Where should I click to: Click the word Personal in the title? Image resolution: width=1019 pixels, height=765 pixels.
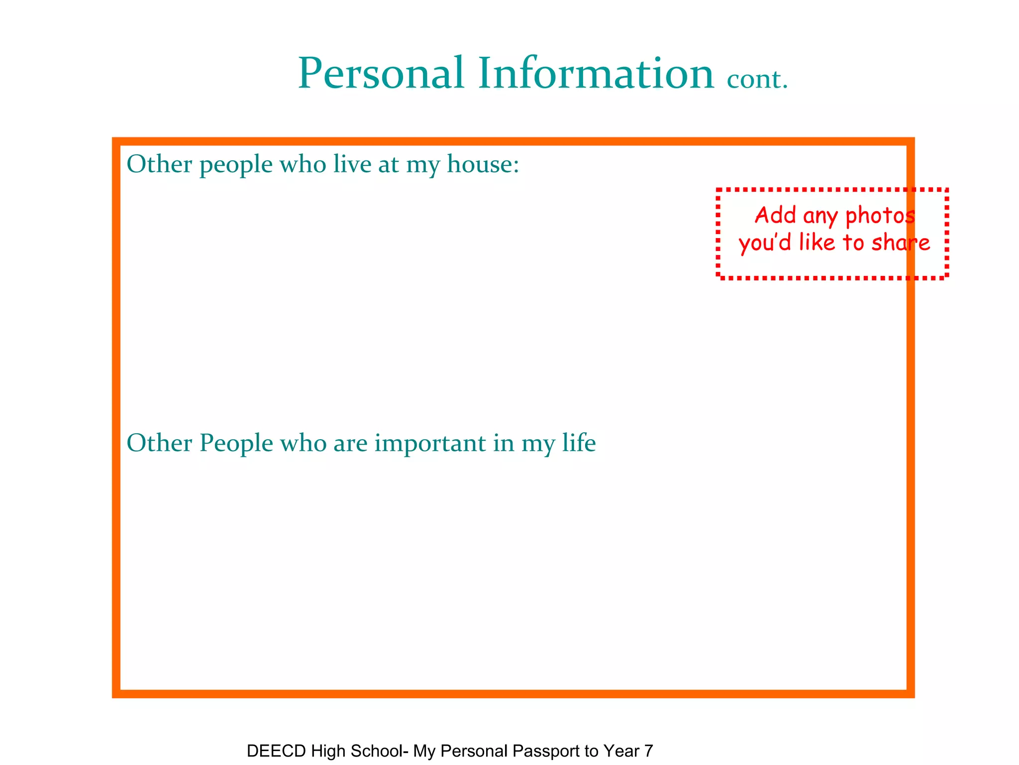pos(381,74)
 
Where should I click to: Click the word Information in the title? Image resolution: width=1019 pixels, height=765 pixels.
pos(596,74)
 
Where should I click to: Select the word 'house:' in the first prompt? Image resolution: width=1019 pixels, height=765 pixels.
pos(483,164)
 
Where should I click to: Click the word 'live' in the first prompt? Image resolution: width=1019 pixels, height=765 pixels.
pos(352,164)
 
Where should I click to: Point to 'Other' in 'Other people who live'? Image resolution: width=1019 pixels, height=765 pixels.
pos(159,164)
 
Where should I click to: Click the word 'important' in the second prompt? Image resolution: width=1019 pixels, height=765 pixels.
pos(430,443)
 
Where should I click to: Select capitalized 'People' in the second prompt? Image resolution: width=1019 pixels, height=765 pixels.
pos(236,444)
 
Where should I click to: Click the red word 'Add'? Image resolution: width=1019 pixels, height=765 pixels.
pos(776,215)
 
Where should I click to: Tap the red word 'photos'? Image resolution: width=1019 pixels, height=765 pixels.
pos(880,216)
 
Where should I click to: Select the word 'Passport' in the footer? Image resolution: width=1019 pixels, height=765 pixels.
pos(549,751)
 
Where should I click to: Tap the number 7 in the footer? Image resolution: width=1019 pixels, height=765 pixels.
pos(648,751)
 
